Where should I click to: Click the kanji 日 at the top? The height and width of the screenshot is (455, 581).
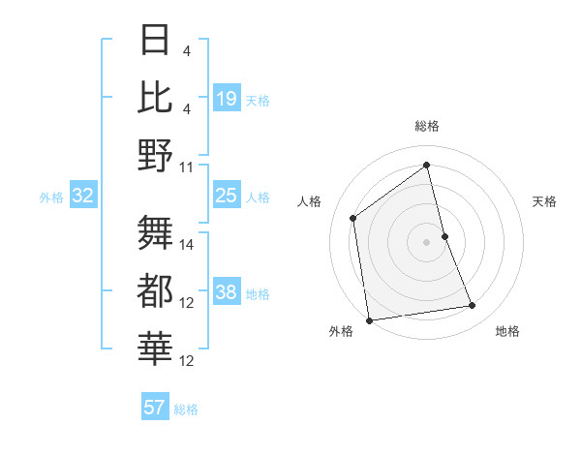[156, 40]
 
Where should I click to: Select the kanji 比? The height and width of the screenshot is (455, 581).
[156, 98]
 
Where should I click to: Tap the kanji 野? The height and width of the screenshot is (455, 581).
[156, 155]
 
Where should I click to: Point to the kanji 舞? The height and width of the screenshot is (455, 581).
[156, 231]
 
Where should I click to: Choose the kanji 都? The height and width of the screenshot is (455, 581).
[156, 289]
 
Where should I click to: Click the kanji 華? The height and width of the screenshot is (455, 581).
[156, 348]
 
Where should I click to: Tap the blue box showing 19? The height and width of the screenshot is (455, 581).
[226, 99]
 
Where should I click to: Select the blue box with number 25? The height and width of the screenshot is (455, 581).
[226, 197]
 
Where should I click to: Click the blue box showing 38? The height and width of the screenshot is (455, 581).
[226, 293]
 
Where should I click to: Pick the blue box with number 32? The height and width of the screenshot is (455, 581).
[82, 197]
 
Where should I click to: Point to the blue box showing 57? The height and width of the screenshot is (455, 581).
[154, 408]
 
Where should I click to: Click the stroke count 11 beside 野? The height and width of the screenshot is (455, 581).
[187, 167]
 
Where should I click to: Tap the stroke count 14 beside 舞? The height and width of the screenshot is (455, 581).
[187, 244]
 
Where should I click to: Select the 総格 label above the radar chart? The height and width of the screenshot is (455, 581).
[426, 126]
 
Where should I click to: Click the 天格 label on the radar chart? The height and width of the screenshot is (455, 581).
[545, 201]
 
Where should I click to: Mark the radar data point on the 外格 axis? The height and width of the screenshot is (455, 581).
[369, 319]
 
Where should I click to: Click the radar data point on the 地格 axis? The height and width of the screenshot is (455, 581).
[473, 306]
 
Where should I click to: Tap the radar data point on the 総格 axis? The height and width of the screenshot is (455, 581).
[426, 165]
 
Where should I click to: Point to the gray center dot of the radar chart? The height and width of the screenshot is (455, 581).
[426, 241]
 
